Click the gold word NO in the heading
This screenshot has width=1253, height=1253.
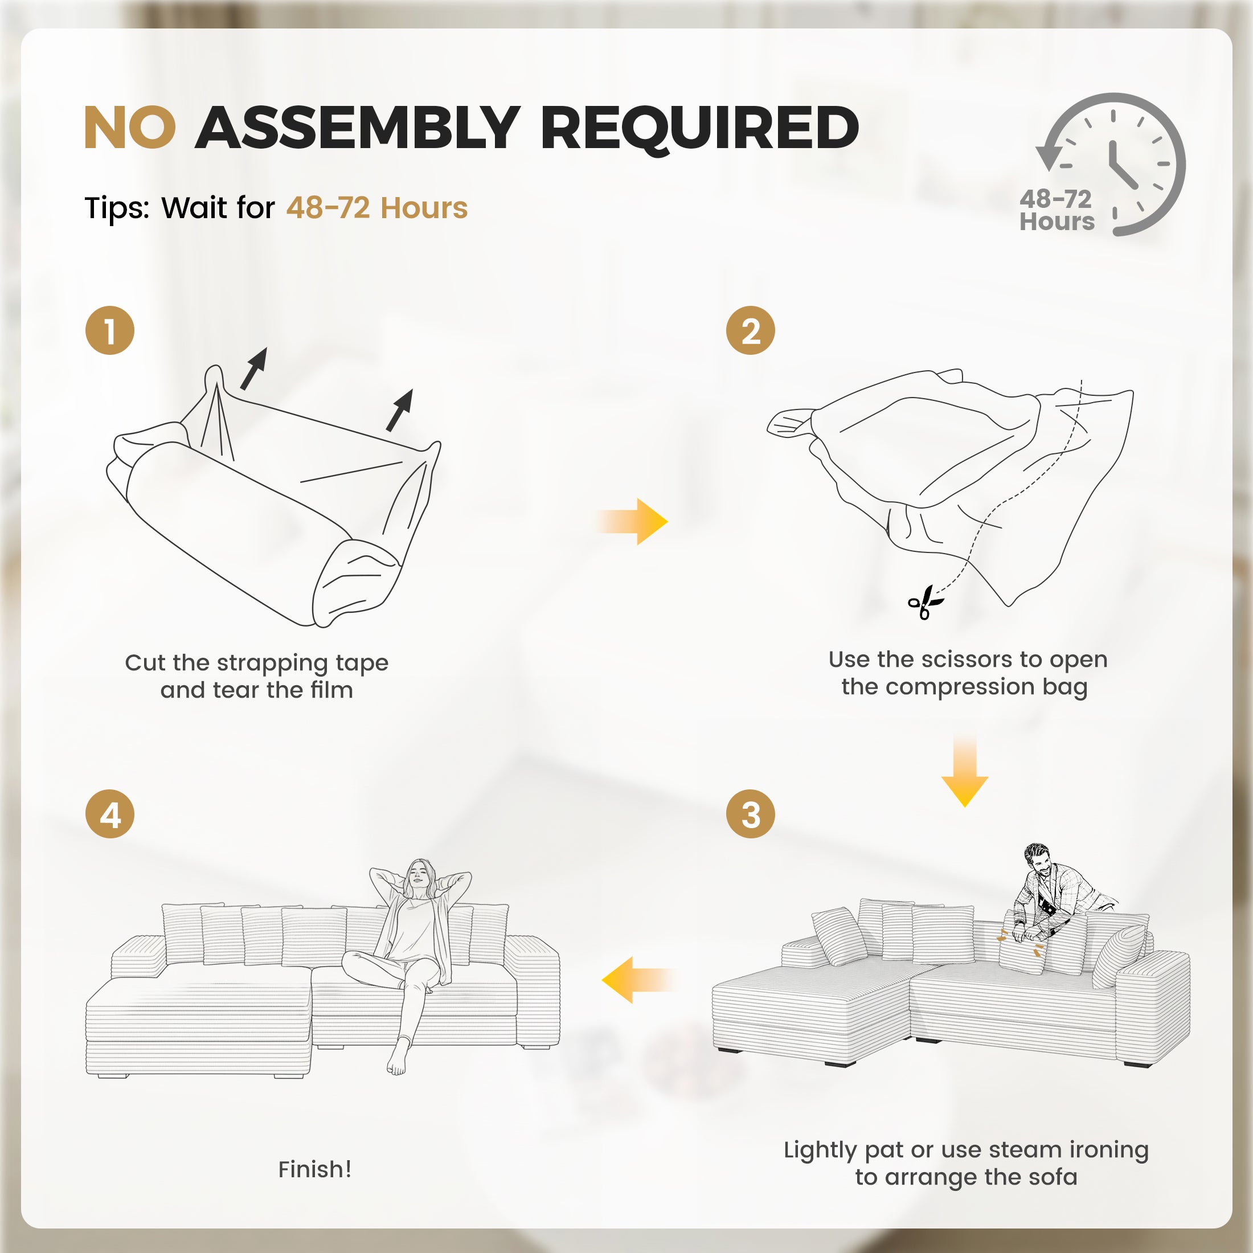click(130, 128)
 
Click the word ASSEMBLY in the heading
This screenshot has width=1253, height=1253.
click(358, 128)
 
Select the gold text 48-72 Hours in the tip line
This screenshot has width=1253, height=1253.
click(377, 207)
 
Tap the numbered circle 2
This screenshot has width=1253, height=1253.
click(750, 331)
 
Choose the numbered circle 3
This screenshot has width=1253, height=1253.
click(750, 814)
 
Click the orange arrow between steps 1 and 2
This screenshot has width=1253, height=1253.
click(632, 522)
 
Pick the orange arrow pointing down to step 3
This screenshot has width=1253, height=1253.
click(965, 772)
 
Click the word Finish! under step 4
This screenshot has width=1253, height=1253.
click(314, 1169)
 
